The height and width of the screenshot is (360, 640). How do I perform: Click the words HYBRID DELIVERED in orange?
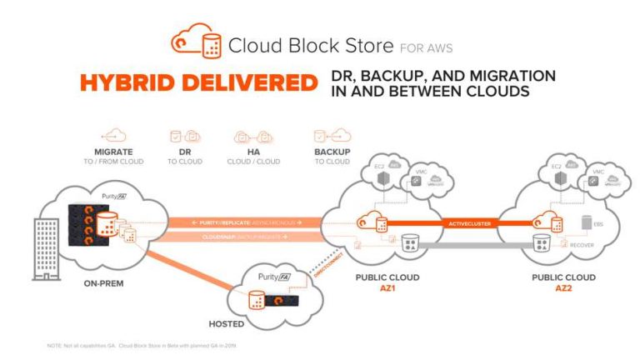(199, 83)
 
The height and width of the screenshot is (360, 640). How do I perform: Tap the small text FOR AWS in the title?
(426, 47)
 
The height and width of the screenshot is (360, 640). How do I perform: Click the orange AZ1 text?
(387, 287)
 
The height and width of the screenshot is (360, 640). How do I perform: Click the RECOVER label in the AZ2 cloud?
(581, 246)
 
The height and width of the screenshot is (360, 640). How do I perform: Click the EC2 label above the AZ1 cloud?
(372, 168)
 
